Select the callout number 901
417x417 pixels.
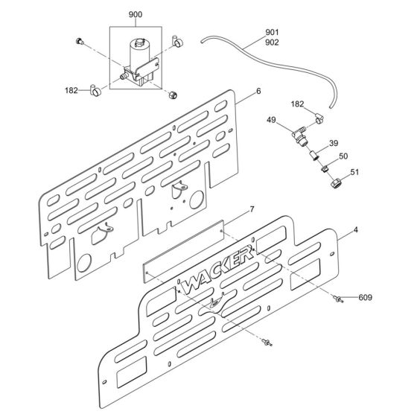pos(273,32)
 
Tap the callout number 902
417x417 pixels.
pos(273,42)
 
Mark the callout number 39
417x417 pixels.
pos(333,143)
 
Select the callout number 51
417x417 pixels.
pos(354,173)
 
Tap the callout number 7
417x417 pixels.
pos(231,210)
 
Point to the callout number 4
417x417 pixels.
pos(356,229)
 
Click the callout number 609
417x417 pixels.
pos(366,298)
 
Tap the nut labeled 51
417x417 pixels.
pos(337,181)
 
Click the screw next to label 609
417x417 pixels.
pos(340,299)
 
